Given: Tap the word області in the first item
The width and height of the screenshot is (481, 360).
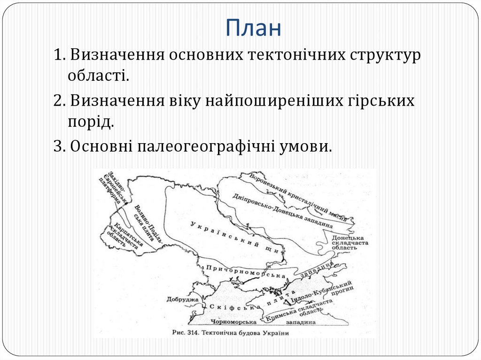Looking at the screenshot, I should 97,75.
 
